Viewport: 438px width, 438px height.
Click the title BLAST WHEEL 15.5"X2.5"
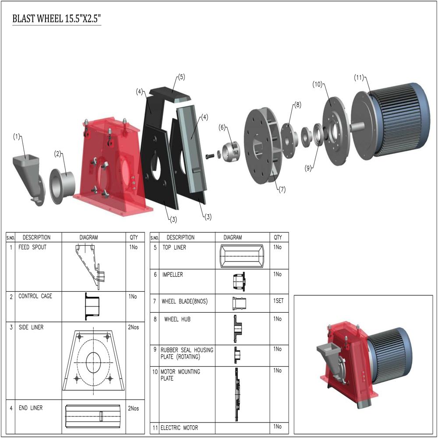[x=57, y=19]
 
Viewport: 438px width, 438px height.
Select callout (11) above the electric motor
[x=359, y=78]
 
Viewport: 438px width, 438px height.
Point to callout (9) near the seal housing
[x=308, y=168]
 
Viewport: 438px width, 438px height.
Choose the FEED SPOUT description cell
[x=32, y=247]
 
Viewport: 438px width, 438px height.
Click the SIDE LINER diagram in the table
[x=93, y=360]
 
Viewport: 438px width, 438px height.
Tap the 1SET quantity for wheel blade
[x=279, y=302]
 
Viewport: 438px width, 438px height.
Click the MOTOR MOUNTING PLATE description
[x=180, y=375]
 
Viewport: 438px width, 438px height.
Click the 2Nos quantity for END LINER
[x=134, y=409]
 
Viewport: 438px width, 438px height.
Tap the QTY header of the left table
[x=134, y=237]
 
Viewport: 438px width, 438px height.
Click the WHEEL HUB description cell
[x=177, y=319]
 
